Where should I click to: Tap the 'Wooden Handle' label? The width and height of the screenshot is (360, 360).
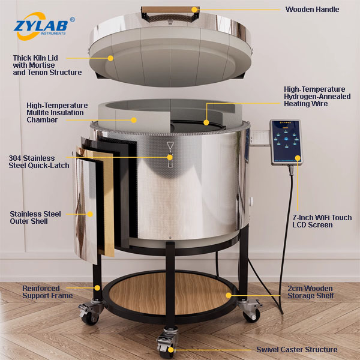click(312, 10)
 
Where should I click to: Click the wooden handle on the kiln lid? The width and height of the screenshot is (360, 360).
click(170, 10)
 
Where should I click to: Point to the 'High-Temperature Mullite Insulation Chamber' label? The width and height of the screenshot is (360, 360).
click(57, 113)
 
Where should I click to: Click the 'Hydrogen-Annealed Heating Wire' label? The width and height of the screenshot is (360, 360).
click(317, 97)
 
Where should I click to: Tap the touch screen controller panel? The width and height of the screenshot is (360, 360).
click(286, 142)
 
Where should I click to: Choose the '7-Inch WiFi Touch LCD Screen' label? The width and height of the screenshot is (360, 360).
click(322, 221)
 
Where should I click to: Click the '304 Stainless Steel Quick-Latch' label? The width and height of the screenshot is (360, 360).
click(39, 161)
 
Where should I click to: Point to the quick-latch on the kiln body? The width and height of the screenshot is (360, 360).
click(170, 154)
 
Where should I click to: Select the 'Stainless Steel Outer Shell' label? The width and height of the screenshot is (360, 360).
click(35, 217)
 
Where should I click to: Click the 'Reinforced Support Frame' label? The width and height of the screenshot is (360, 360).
click(47, 292)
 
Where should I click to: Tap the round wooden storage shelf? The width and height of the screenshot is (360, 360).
click(170, 293)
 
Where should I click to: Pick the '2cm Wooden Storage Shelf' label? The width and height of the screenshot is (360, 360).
click(311, 292)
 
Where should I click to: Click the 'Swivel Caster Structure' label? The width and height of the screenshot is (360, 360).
click(297, 350)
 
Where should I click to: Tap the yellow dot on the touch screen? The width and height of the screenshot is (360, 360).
click(298, 158)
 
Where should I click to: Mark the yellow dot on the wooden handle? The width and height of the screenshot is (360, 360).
click(194, 10)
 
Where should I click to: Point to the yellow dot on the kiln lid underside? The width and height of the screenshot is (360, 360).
click(110, 58)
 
